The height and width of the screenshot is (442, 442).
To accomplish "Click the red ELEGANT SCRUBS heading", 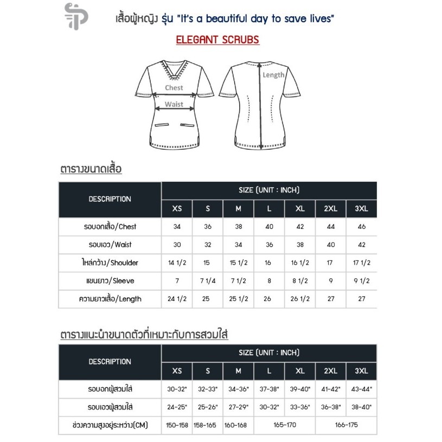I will click(x=217, y=40).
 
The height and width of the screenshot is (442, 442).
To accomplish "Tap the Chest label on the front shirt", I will click(x=174, y=87).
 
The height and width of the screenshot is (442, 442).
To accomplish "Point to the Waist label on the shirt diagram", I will click(x=174, y=104).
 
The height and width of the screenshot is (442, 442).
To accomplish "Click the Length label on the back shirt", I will click(x=273, y=75).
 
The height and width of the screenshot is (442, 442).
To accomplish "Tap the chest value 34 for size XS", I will click(x=177, y=227).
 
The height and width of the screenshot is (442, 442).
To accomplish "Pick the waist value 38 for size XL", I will click(x=299, y=245).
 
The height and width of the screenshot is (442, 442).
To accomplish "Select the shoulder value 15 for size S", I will click(x=208, y=262).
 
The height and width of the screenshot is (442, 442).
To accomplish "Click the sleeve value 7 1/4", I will click(x=208, y=281).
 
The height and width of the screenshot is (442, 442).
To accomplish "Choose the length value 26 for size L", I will click(x=269, y=299).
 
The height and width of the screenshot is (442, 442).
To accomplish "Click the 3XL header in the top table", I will click(x=361, y=209).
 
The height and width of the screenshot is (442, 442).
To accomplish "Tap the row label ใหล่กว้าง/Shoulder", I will click(x=110, y=262).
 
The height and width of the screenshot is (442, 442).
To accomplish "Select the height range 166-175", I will click(x=346, y=425).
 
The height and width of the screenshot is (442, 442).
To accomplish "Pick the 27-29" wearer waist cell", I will click(x=238, y=407).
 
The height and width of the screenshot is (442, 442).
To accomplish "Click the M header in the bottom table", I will click(x=238, y=371).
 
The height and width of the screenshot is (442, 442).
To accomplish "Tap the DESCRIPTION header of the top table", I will click(x=110, y=199).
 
